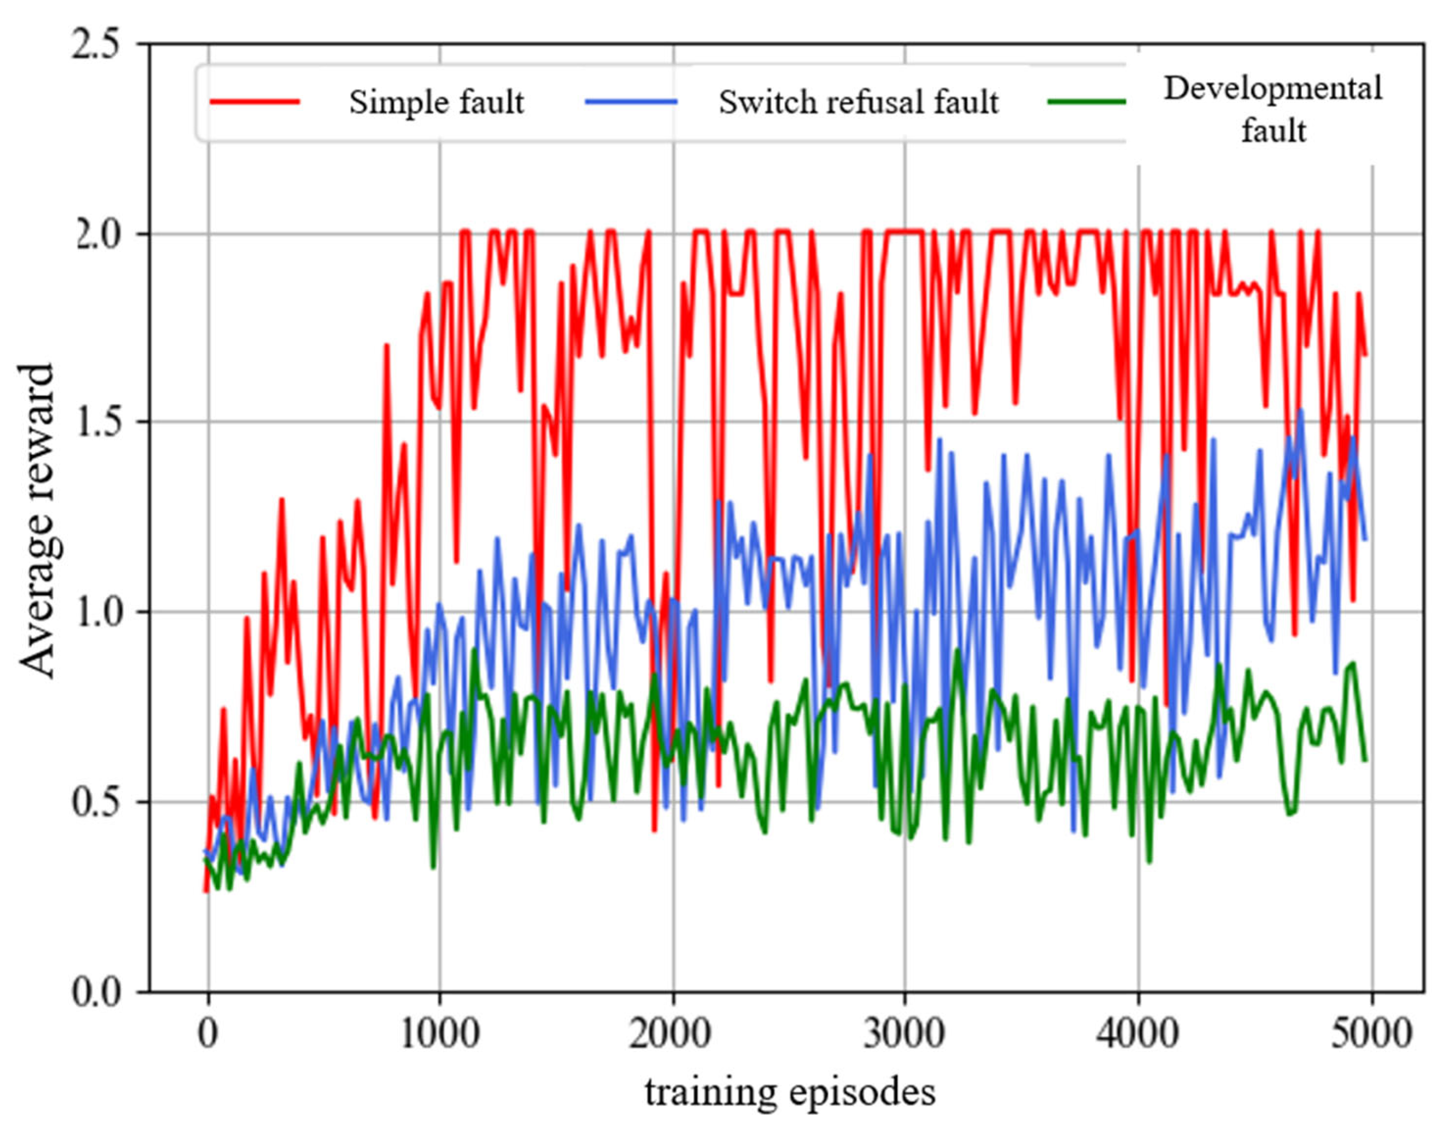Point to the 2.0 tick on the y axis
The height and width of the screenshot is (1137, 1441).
click(100, 235)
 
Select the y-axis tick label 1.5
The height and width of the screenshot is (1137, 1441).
click(100, 423)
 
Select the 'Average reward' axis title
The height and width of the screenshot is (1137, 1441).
click(37, 521)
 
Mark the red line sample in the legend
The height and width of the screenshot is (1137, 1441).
click(255, 102)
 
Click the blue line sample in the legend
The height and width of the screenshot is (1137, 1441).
click(631, 102)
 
